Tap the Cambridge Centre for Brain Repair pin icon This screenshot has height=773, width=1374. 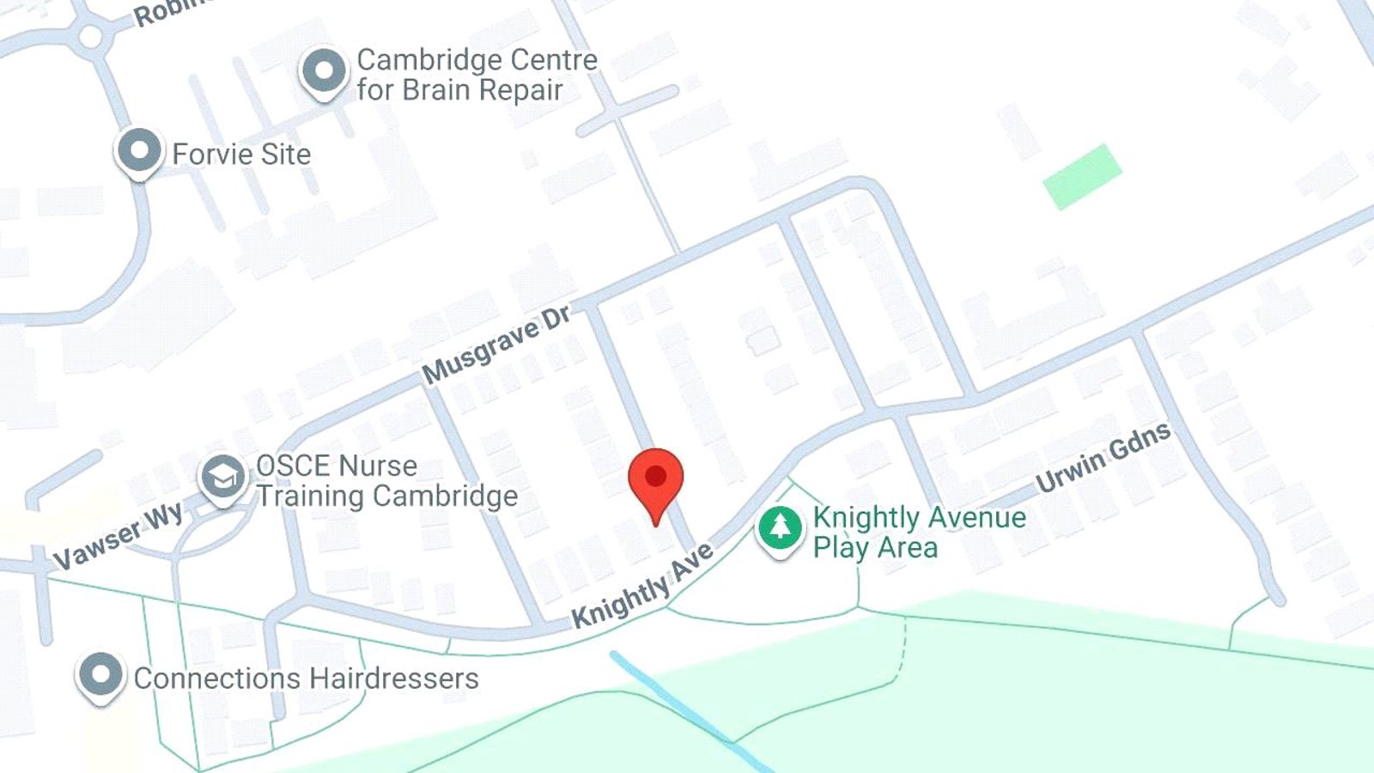pyautogui.click(x=324, y=71)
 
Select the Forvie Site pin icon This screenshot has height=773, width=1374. pyautogui.click(x=138, y=152)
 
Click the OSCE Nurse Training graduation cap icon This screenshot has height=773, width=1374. pyautogui.click(x=223, y=477)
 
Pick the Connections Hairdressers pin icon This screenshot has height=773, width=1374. pyautogui.click(x=101, y=675)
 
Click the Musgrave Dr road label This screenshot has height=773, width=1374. pyautogui.click(x=495, y=345)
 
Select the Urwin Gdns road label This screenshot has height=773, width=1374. pyautogui.click(x=1103, y=457)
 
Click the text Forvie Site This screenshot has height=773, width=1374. pyautogui.click(x=241, y=155)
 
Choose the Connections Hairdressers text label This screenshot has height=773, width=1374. pyautogui.click(x=306, y=679)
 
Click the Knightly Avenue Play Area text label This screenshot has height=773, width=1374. pyautogui.click(x=919, y=532)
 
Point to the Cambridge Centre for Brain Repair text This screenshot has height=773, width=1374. pyautogui.click(x=477, y=75)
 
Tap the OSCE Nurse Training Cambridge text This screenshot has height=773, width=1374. pyautogui.click(x=386, y=481)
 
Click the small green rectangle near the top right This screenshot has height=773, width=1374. pyautogui.click(x=1082, y=176)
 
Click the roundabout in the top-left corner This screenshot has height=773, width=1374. pyautogui.click(x=90, y=36)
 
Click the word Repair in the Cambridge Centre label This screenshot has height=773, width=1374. pyautogui.click(x=520, y=90)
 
